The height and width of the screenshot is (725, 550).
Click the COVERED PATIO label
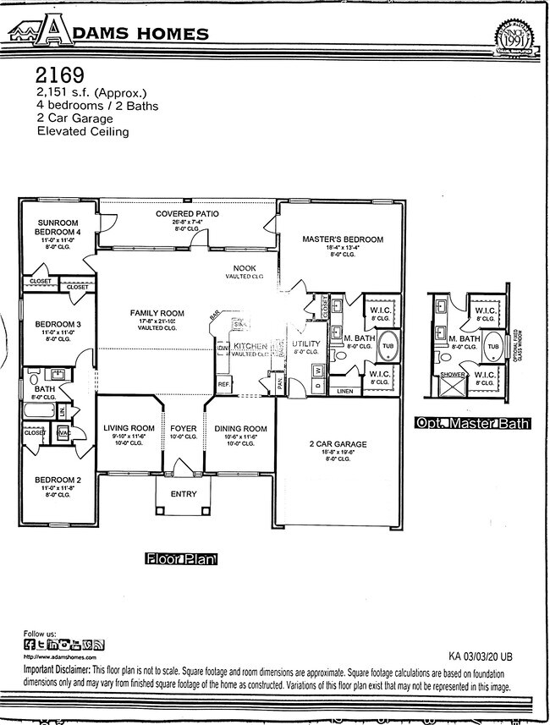pyautogui.click(x=187, y=214)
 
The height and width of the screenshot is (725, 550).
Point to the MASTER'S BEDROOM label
pyautogui.click(x=342, y=239)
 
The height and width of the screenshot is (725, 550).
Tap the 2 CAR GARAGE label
pyautogui.click(x=338, y=443)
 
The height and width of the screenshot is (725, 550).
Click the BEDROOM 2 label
pyautogui.click(x=58, y=480)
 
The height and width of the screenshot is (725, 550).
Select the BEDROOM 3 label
pyautogui.click(x=58, y=324)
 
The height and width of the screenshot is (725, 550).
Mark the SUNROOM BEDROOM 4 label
pyautogui.click(x=58, y=226)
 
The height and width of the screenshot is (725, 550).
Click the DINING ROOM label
pyautogui.click(x=240, y=428)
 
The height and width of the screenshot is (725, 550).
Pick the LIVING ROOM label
pyautogui.click(x=129, y=428)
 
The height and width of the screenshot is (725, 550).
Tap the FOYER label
pyautogui.click(x=184, y=428)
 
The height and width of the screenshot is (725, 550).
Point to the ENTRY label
pyautogui.click(x=184, y=494)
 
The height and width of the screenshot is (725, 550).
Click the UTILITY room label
pyautogui.click(x=305, y=344)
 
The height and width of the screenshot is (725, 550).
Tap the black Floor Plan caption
pyautogui.click(x=181, y=559)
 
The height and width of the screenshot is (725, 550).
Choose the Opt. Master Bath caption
pyautogui.click(x=471, y=422)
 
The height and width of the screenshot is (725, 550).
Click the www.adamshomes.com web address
pyautogui.click(x=59, y=656)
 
